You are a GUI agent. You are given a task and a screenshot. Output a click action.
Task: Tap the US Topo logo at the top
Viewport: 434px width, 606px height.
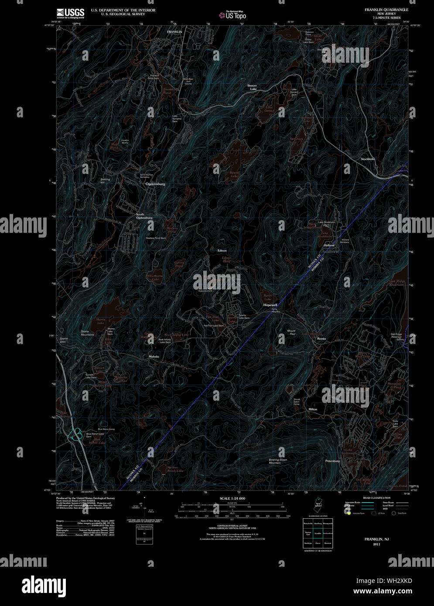click(233, 15)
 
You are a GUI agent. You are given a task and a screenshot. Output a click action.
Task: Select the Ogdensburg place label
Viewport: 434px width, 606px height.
click(155, 184)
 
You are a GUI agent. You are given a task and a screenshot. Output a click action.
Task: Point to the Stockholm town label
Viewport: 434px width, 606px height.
click(368, 159)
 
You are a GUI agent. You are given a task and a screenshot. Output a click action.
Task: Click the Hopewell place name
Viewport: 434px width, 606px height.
click(270, 305)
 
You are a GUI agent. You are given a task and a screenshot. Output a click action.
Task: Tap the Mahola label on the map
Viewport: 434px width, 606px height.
click(154, 356)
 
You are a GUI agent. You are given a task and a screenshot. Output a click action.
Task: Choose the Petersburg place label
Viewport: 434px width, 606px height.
click(332, 461)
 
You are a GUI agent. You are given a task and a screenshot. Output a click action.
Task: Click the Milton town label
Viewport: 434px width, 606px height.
click(313, 409)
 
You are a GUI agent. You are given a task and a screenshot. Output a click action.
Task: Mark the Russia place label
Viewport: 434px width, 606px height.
click(321, 338)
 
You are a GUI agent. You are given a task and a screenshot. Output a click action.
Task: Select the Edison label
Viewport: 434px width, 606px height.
click(222, 251)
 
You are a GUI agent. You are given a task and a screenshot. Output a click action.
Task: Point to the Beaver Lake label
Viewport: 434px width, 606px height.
click(252, 87)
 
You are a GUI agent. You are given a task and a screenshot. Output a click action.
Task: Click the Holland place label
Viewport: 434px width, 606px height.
click(329, 245)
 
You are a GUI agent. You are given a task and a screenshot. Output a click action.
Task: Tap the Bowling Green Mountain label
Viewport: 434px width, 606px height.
click(278, 461)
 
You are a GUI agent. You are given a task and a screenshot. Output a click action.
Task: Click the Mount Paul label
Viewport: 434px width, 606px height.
click(291, 333)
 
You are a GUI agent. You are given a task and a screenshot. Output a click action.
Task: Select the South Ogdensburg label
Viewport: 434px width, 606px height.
click(144, 216)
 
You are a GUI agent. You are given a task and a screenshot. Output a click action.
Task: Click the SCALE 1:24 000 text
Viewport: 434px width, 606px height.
click(232, 498)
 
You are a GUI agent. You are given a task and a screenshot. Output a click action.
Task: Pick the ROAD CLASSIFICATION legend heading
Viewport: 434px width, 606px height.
click(376, 498)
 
